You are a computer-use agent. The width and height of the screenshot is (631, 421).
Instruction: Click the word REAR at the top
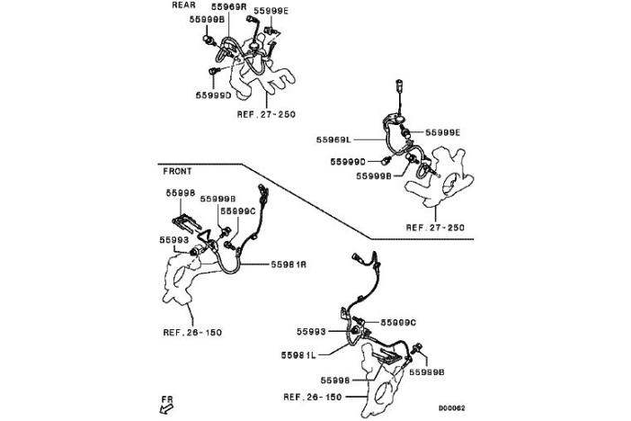click(184, 4)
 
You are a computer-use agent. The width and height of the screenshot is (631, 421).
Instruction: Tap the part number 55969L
click(334, 140)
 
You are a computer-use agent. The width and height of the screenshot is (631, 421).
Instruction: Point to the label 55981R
click(290, 264)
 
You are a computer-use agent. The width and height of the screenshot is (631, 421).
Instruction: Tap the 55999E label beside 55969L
click(442, 132)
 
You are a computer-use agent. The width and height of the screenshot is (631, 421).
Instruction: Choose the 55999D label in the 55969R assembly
click(214, 94)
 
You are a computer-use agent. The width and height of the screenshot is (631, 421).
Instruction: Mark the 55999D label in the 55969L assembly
click(349, 161)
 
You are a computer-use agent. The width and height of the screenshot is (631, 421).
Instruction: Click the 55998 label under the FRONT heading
click(180, 193)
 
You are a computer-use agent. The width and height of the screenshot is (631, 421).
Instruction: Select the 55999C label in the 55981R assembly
click(237, 210)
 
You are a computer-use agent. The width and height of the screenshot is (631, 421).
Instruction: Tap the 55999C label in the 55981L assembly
click(399, 321)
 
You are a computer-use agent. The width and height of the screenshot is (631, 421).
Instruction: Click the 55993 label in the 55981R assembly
click(175, 240)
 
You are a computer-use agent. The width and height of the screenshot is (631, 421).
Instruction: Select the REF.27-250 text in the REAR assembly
click(266, 115)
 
